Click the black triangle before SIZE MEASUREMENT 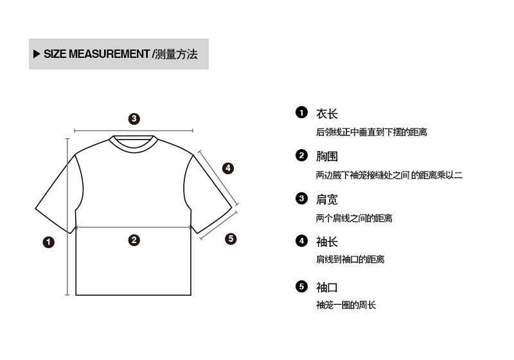coord(36,53)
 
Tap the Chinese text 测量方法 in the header coord(177,53)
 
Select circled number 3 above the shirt coord(134,118)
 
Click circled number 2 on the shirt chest coord(134,240)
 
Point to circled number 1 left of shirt coord(48,242)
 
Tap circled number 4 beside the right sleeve coord(227,168)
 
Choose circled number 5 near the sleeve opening coord(231,239)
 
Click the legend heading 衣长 coord(326,114)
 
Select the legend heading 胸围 coord(326,156)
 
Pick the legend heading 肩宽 coord(326,199)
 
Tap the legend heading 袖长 coord(326,242)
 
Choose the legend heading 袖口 coord(326,287)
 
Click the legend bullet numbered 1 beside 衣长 coord(301,113)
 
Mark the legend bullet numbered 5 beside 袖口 coord(301,286)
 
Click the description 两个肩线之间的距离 coord(354,218)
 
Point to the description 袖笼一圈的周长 coord(346,305)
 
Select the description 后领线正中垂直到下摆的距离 coord(371,132)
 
